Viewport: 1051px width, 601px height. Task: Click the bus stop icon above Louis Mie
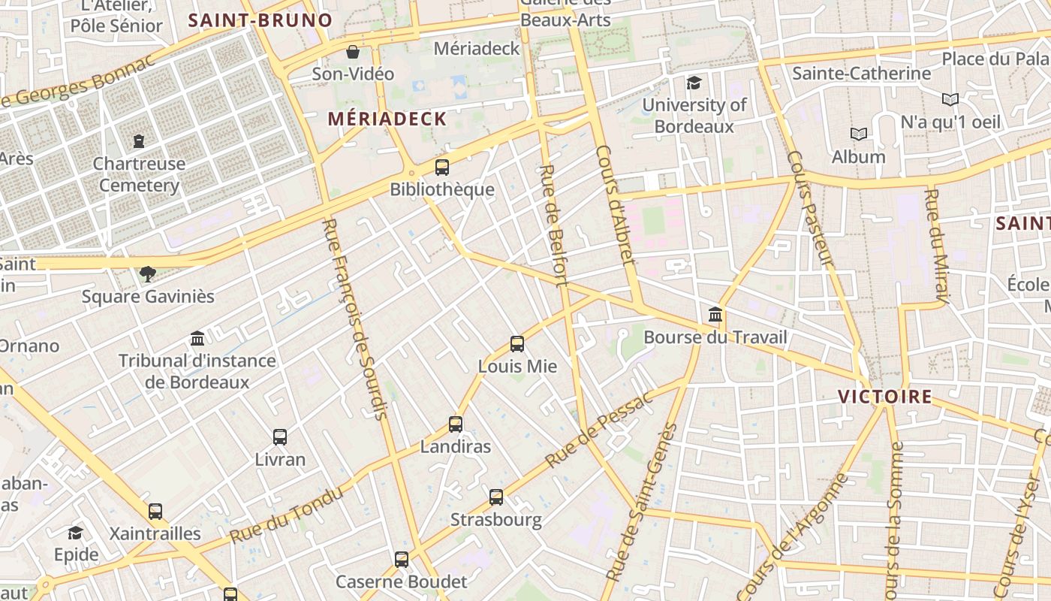(517, 344)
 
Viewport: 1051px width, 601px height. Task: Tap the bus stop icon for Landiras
(456, 424)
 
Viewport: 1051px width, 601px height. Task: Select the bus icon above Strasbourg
(496, 497)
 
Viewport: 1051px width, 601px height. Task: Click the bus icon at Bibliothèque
(442, 168)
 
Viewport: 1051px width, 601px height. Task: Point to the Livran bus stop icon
(280, 437)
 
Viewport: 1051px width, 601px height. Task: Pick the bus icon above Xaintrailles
(155, 512)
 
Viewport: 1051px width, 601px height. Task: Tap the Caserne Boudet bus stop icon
(402, 560)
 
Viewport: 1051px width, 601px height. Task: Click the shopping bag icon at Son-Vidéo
(353, 52)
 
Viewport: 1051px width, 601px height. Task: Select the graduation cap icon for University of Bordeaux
(694, 83)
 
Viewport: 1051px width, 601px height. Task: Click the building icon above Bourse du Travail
(715, 315)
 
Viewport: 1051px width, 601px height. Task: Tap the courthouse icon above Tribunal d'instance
(197, 339)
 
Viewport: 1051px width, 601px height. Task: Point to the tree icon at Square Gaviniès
(148, 274)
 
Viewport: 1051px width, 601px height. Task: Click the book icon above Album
(859, 134)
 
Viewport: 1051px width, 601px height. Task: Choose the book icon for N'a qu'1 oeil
(950, 99)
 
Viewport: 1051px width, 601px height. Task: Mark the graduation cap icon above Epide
(76, 533)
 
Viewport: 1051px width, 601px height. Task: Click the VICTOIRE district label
(884, 397)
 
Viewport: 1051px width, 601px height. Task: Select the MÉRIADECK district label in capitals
(387, 119)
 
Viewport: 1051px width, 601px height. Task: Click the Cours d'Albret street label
(616, 204)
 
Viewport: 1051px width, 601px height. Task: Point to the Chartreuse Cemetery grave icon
(139, 141)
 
